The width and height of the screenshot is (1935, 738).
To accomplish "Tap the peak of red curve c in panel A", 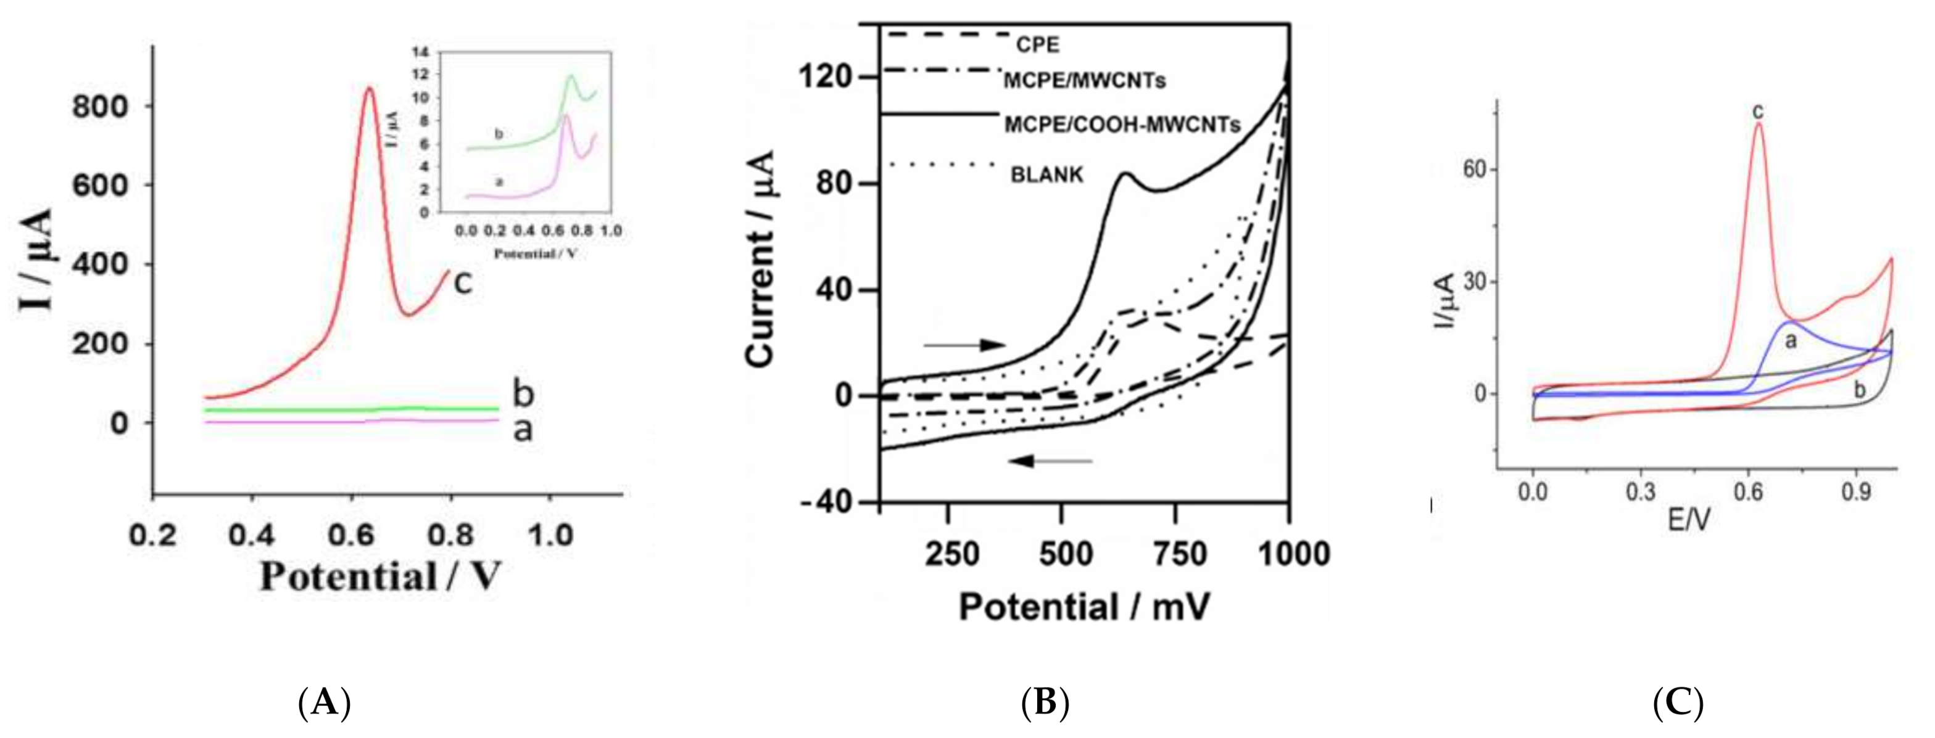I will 369,89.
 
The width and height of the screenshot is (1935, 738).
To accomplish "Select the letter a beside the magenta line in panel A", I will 523,430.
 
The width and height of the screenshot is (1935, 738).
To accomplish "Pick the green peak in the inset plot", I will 571,75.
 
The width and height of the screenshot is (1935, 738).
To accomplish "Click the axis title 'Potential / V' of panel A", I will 379,577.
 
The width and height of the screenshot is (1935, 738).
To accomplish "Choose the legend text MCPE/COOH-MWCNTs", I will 1122,125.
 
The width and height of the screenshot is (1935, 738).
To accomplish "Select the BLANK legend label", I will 1047,175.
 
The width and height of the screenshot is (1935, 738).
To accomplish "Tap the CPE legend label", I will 1037,45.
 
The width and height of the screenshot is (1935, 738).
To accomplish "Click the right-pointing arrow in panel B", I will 964,345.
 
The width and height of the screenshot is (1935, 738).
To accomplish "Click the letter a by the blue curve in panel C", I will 1791,342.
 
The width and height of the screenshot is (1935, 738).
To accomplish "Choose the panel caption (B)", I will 1045,703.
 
